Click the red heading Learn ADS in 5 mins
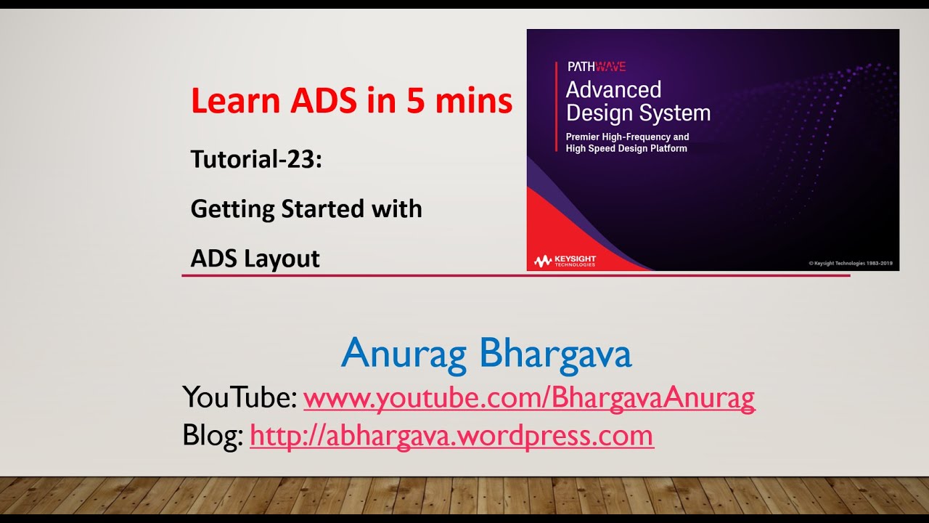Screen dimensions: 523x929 click(x=351, y=102)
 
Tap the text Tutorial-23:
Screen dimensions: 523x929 click(x=255, y=159)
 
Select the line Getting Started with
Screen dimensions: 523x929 click(x=306, y=209)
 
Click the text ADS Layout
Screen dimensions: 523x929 click(x=255, y=259)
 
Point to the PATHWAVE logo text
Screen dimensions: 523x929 click(x=596, y=67)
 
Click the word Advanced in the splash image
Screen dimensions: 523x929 click(x=613, y=90)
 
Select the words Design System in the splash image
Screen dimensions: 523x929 click(x=638, y=113)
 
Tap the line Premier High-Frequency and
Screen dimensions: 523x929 click(x=627, y=137)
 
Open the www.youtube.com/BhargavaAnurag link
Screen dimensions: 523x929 click(x=529, y=398)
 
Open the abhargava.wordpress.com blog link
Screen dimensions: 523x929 click(x=451, y=436)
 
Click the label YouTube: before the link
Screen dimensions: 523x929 click(x=240, y=398)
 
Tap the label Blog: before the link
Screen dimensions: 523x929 click(x=213, y=436)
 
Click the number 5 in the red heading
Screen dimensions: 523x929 click(x=415, y=102)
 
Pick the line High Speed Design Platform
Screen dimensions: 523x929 click(x=626, y=148)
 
